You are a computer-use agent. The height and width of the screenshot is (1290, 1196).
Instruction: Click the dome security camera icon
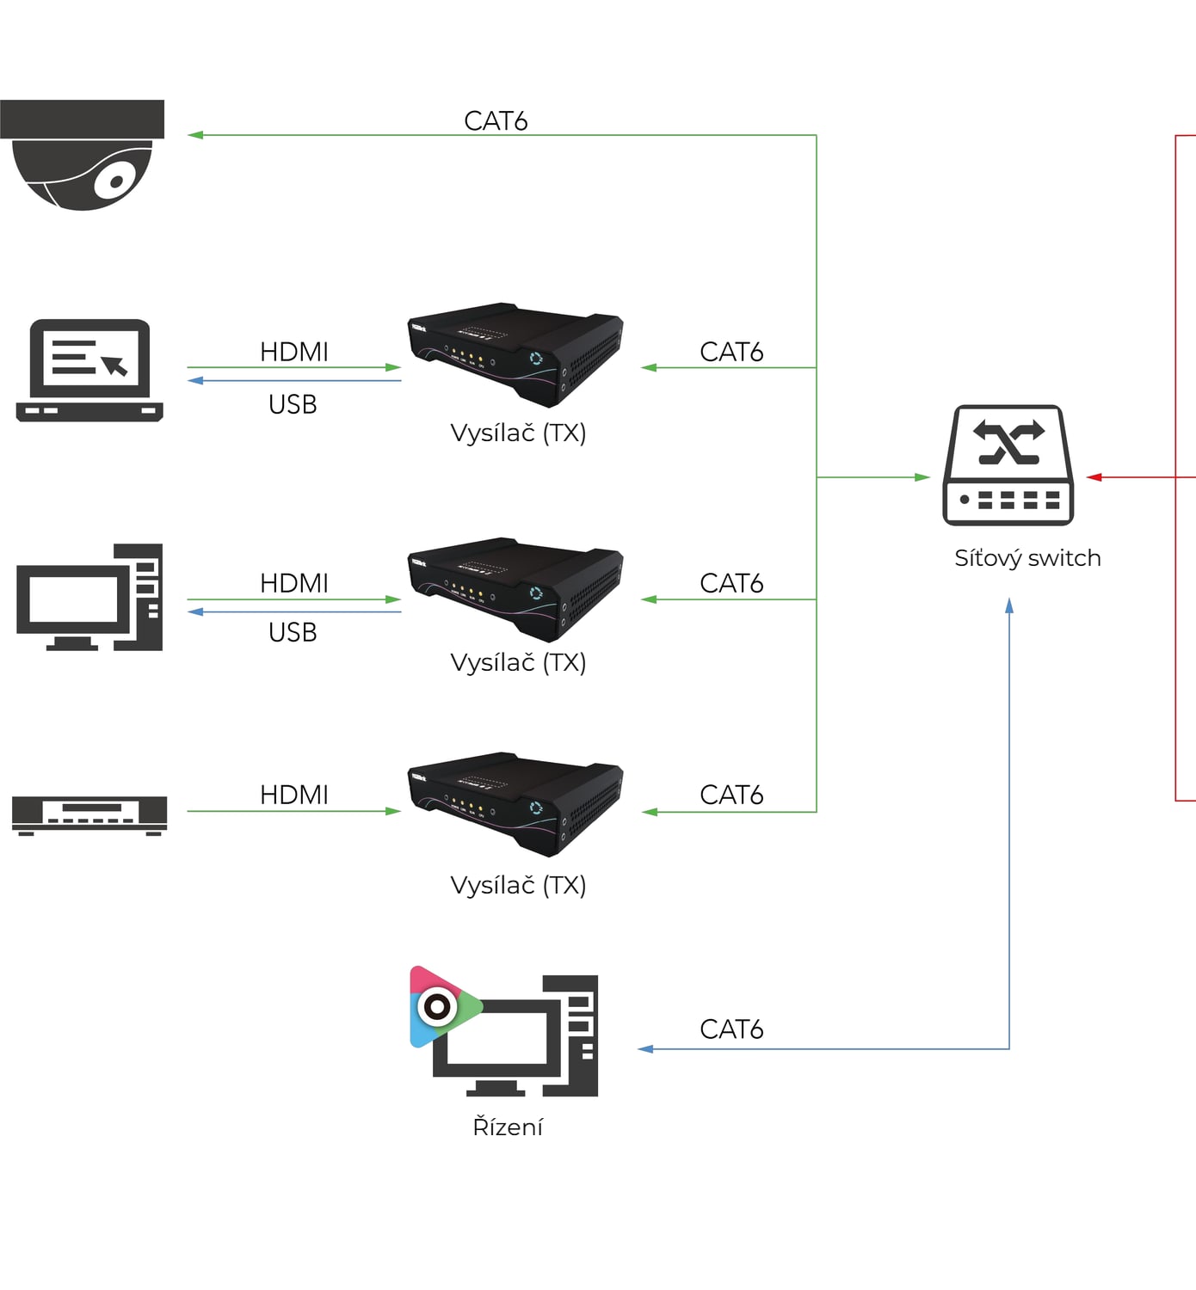tap(82, 155)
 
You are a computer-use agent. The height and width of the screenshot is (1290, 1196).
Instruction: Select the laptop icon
tap(89, 371)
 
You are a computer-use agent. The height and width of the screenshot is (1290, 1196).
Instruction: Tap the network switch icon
tap(1008, 465)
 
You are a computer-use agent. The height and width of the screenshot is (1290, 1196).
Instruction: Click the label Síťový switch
tap(1027, 559)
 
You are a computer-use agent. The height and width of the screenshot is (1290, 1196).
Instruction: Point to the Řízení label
tap(508, 1127)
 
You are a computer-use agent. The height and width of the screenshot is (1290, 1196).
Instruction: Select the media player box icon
tap(89, 815)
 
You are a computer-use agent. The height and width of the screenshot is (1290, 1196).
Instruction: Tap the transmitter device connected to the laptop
tap(515, 354)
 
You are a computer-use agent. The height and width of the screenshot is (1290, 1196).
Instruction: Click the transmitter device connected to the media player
tap(515, 804)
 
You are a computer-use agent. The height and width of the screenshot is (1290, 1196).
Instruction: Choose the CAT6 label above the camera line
tap(496, 120)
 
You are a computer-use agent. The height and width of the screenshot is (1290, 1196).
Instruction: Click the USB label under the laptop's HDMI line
tap(293, 405)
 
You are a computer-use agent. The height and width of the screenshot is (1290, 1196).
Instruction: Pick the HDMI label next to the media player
tap(293, 795)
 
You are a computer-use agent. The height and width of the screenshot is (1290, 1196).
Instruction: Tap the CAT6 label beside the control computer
tap(731, 1029)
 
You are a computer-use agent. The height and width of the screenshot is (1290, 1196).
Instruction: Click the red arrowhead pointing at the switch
tap(1094, 477)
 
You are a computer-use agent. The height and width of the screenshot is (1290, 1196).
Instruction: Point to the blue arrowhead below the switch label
tap(1009, 605)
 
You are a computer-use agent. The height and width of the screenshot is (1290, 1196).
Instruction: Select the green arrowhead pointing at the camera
tap(195, 135)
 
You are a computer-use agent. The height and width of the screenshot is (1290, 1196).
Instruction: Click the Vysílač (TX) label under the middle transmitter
tap(518, 663)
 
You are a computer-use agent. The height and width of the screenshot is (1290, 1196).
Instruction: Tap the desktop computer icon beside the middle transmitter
tap(89, 597)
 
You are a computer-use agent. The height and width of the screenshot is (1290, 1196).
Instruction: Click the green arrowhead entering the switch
tap(922, 477)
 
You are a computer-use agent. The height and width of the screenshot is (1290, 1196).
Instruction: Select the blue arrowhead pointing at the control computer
tap(645, 1049)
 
